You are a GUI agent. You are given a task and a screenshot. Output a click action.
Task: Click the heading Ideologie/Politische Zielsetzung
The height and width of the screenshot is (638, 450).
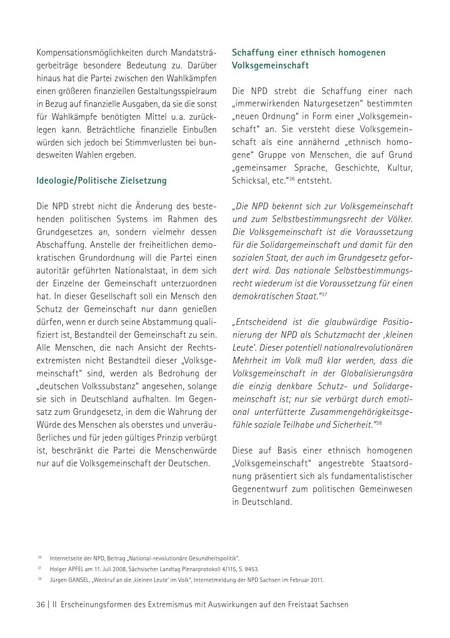point(101,180)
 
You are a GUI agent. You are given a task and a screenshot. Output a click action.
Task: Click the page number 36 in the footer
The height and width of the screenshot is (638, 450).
point(41,605)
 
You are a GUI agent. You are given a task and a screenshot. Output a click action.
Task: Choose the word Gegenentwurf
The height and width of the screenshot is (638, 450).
point(259,489)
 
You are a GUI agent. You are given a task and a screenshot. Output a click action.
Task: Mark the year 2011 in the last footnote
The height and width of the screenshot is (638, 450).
point(317,580)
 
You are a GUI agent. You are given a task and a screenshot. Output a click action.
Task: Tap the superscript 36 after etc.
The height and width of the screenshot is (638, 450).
point(292,178)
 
